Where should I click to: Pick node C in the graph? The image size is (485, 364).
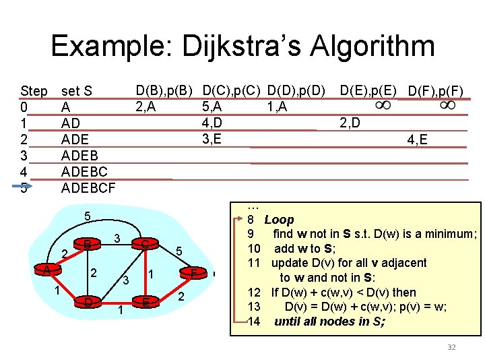[145, 244]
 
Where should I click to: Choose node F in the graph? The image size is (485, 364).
[194, 273]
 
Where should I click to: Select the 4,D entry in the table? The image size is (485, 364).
[212, 123]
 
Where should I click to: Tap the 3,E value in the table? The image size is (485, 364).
[212, 140]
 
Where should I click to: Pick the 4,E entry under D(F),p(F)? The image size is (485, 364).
[417, 141]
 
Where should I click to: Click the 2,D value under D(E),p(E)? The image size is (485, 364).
[350, 123]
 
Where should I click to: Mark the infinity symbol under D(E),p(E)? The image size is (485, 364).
[382, 106]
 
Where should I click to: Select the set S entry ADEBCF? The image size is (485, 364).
[88, 188]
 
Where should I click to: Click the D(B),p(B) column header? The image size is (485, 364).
[164, 90]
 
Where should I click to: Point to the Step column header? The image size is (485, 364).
[34, 91]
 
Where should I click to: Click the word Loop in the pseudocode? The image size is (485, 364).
[279, 220]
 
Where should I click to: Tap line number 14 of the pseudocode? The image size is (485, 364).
[253, 321]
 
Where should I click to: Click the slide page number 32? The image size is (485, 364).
[451, 347]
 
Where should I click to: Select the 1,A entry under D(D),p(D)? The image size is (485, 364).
[276, 106]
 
